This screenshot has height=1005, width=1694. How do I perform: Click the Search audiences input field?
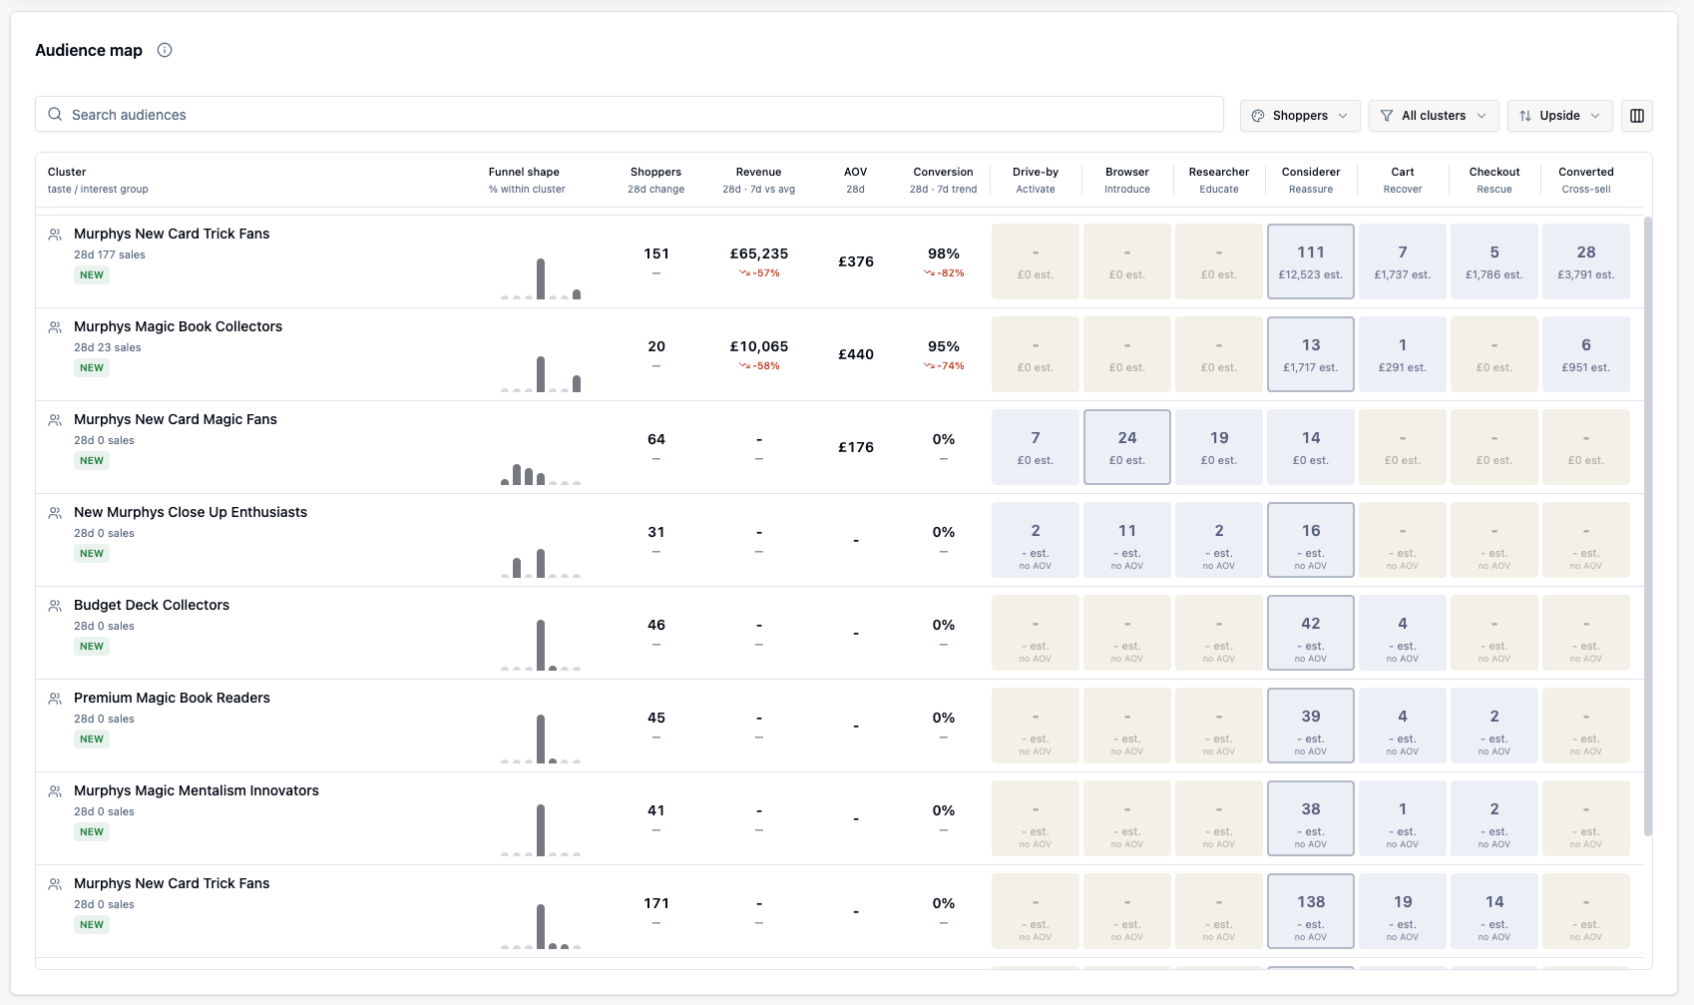[x=629, y=115]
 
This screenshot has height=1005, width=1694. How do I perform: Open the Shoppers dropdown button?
[x=1300, y=116]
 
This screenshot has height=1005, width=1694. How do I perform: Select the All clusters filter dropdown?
[x=1434, y=116]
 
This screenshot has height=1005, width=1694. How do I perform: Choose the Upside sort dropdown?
[x=1559, y=116]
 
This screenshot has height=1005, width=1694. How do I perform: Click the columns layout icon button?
[x=1636, y=116]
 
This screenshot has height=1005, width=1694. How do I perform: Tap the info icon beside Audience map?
[x=164, y=50]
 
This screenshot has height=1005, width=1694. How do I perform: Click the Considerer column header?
[x=1311, y=172]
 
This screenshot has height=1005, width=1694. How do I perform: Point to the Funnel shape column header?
[x=524, y=172]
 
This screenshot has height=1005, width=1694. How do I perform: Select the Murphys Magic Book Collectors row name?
[x=178, y=326]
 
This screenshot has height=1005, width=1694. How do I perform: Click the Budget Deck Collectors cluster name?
[x=152, y=605]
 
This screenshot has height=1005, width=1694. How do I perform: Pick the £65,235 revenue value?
[x=758, y=253]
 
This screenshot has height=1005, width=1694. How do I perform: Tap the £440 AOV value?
[x=855, y=354]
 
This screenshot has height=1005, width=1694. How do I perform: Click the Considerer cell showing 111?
[x=1311, y=261]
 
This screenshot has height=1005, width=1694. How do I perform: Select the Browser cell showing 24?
[x=1126, y=446]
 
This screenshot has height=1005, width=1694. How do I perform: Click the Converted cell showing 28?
[x=1586, y=261]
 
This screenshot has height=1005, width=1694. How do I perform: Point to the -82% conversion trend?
[x=944, y=273]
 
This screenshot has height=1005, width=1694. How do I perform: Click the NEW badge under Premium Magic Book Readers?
[x=92, y=739]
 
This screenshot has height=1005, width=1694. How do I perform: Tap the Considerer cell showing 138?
[x=1311, y=910]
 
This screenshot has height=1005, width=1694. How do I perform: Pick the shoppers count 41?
[x=655, y=810]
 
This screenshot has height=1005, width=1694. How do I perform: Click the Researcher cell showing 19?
[x=1218, y=446]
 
